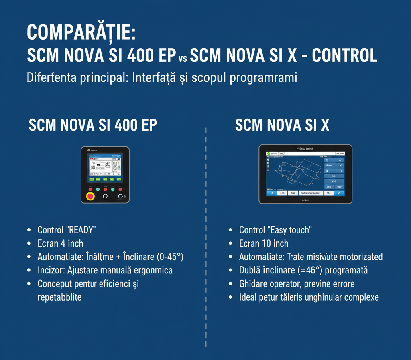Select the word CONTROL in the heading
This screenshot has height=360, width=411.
(x=344, y=56)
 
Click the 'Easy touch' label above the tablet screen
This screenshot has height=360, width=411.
(x=305, y=149)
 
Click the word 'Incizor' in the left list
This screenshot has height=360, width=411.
(x=50, y=270)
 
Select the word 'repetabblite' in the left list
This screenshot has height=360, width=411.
(x=59, y=297)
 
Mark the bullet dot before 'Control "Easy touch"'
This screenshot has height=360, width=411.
(x=230, y=230)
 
